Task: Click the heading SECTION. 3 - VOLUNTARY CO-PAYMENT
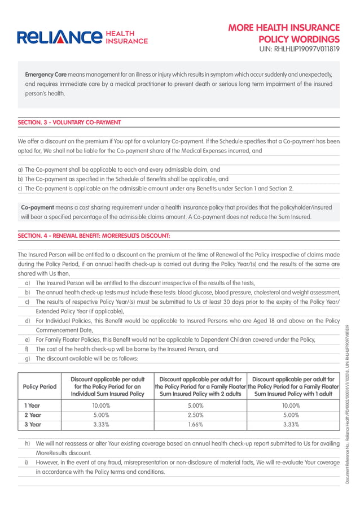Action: coord(69,122)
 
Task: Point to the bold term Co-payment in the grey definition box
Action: coord(38,208)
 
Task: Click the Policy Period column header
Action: coord(39,386)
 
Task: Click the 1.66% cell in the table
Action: coord(195,424)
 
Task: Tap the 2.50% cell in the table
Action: coord(195,415)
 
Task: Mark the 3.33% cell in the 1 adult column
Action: coord(291,424)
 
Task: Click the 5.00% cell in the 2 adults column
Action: coord(195,406)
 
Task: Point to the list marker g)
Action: coord(28,359)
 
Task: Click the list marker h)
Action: coord(28,444)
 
